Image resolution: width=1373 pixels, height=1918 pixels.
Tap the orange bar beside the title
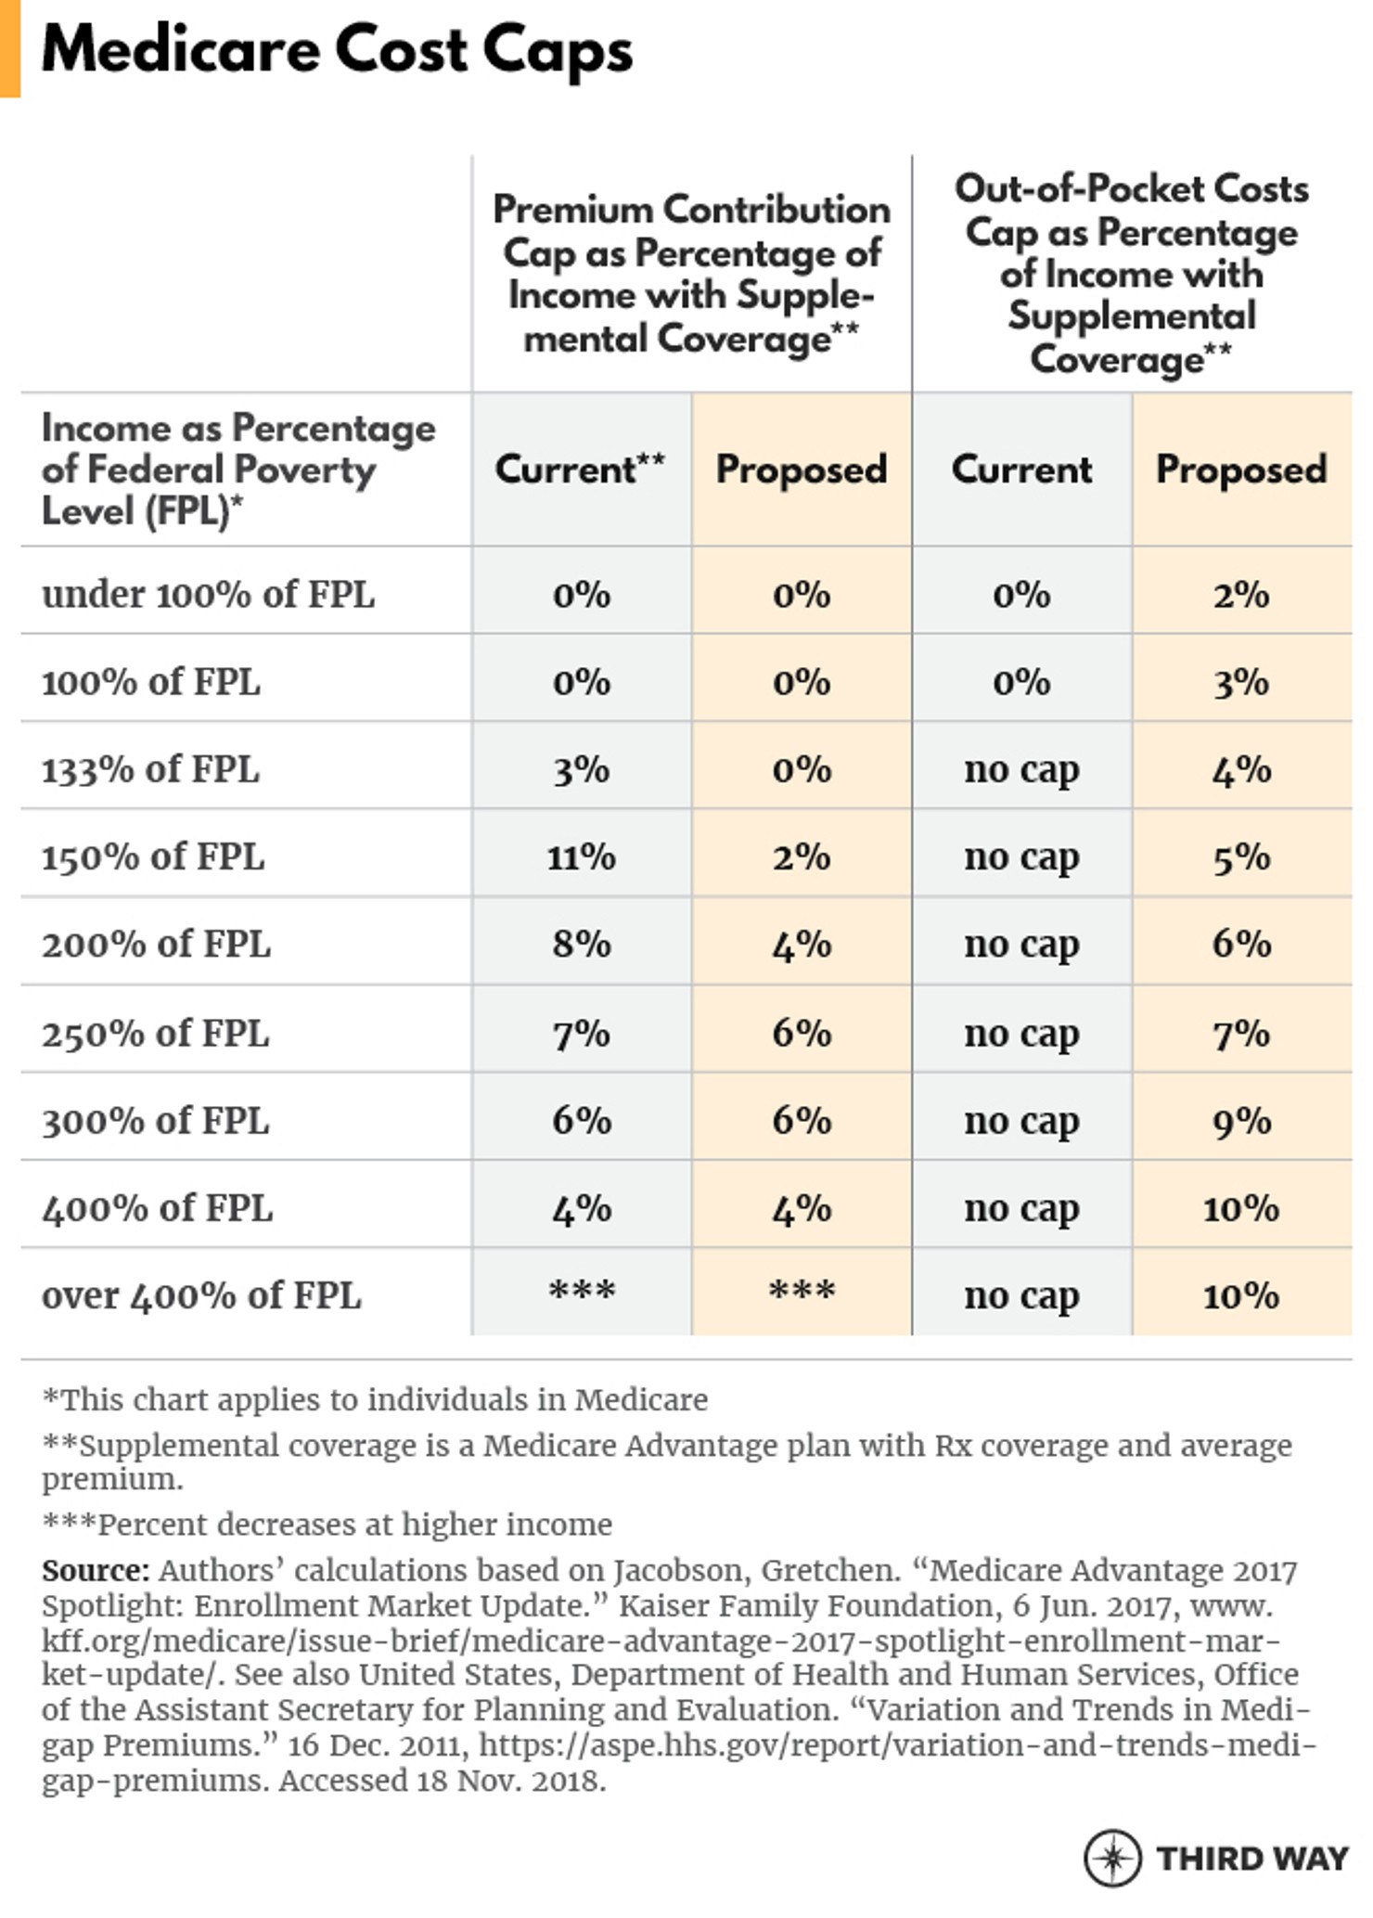click(9, 48)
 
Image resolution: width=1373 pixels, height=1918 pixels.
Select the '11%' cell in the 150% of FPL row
click(581, 856)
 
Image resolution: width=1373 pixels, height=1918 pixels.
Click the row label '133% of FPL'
click(150, 769)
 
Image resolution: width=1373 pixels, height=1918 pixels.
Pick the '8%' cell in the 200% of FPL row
click(581, 944)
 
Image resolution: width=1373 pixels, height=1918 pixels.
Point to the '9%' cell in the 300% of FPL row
click(1241, 1121)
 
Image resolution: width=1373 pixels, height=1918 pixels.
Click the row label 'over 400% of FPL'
click(201, 1295)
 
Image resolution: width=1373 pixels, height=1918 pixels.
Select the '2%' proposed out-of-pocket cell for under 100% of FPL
click(1241, 595)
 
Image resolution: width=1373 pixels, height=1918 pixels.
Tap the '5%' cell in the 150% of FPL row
click(1241, 856)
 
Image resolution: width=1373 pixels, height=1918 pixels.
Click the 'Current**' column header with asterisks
click(580, 469)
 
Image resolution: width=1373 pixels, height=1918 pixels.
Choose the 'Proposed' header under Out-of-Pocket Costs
click(1241, 469)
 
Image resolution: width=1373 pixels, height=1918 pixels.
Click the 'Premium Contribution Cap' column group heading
click(691, 274)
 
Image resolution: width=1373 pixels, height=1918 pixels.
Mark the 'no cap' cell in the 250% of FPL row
click(1021, 1033)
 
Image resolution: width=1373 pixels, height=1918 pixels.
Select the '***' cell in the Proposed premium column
click(802, 1292)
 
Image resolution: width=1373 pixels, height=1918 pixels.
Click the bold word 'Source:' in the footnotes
click(96, 1571)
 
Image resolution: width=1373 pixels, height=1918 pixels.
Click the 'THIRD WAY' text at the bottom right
click(1251, 1859)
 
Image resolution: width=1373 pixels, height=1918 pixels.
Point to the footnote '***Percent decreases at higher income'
click(327, 1525)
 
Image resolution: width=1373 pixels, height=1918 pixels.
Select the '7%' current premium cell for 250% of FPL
click(581, 1033)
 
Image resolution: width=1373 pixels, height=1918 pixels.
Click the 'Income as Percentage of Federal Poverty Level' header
click(238, 469)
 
